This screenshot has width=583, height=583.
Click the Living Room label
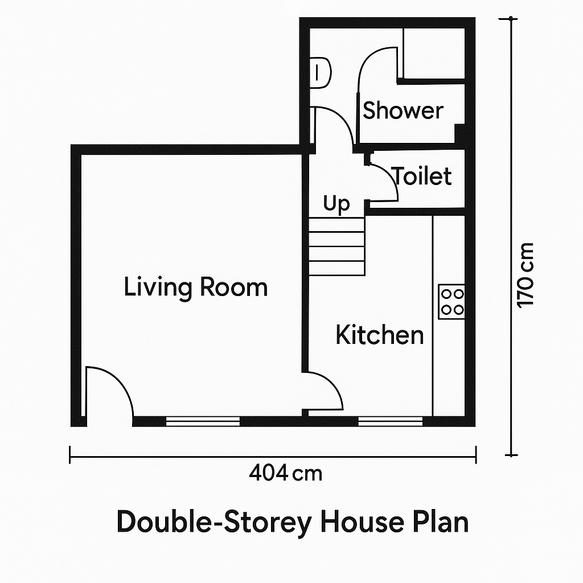coord(196,287)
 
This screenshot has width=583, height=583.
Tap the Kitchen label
coord(380,335)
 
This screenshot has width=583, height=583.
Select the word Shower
coord(403,110)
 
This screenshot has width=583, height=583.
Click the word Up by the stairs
coord(336,203)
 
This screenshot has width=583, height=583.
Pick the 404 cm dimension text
coord(286,473)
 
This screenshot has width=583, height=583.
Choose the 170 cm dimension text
coord(525,276)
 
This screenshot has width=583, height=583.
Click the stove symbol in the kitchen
coord(451,302)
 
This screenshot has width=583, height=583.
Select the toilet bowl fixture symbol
coord(320,72)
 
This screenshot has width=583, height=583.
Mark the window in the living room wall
coord(203,421)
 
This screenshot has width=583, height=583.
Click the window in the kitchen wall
coord(391,421)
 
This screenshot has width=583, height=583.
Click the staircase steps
coord(336,247)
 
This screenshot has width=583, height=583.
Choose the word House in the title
coord(362,522)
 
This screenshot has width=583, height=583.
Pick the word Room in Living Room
coord(234,287)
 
